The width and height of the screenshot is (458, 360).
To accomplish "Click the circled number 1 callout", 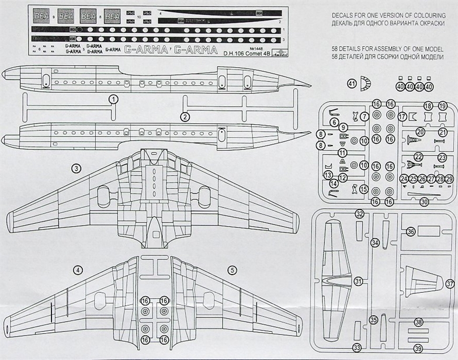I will point(114,99).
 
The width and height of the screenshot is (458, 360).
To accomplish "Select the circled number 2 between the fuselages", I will point(185,116).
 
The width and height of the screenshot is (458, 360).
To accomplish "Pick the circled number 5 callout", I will point(233,269).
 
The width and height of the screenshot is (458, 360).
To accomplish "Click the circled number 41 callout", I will point(352,84).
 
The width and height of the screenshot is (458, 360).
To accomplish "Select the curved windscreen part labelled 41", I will point(366,83).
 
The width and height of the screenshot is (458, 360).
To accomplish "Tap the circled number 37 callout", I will point(450,283).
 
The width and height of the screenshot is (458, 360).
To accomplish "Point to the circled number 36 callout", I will point(411,231).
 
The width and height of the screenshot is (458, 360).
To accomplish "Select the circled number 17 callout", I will point(403,117).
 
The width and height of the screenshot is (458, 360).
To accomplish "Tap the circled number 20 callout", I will point(420,132).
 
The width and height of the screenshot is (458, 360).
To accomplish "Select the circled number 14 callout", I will point(334,184).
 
